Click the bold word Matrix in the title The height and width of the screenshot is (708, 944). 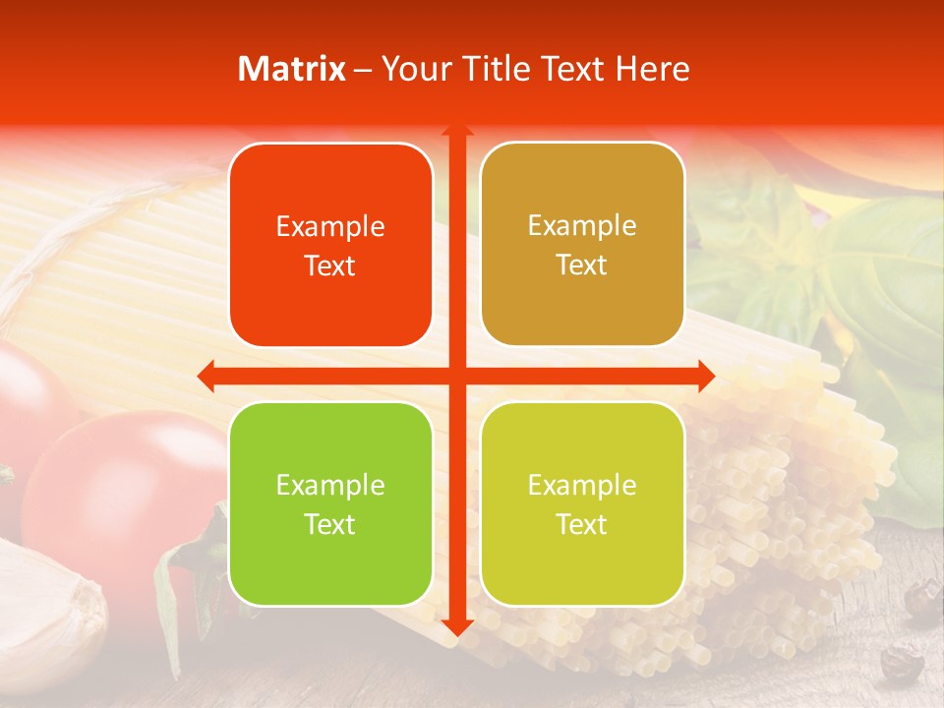tap(292, 69)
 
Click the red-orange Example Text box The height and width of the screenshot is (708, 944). tap(330, 246)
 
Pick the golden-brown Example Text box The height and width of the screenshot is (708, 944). tap(582, 245)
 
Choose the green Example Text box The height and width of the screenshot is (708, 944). tap(330, 503)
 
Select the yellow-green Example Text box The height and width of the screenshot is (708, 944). tap(582, 503)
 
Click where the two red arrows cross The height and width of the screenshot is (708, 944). tap(456, 376)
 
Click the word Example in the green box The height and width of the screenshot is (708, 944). tap(330, 485)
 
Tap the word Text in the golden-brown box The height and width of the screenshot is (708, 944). tap(582, 265)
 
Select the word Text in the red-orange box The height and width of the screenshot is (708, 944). tap(330, 266)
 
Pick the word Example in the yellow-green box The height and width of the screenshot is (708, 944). tap(582, 485)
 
